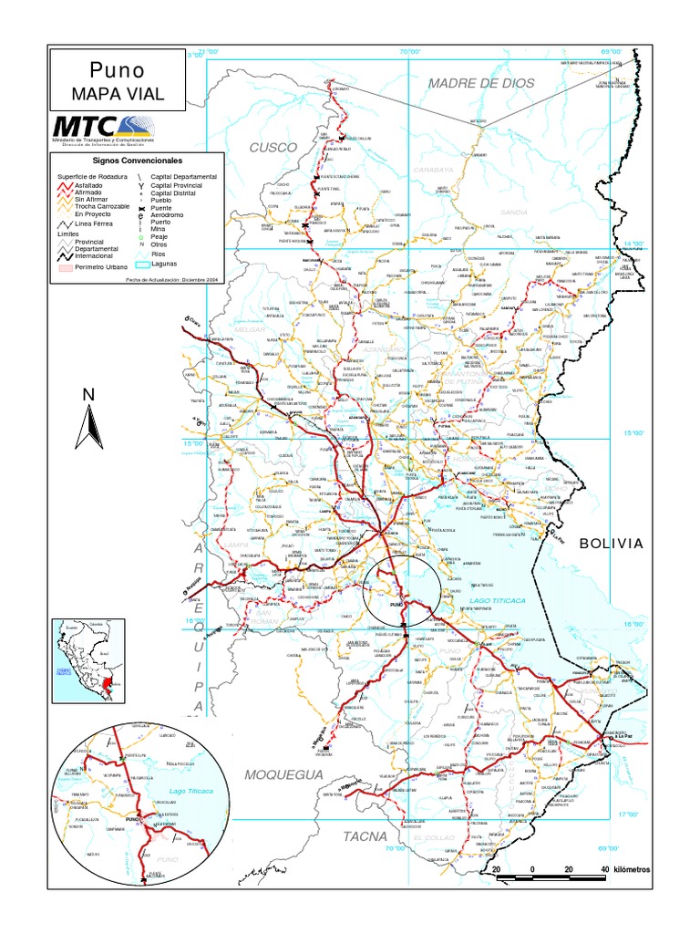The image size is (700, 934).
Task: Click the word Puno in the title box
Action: [118, 71]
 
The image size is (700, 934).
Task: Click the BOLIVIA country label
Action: [612, 544]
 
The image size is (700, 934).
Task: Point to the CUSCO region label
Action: [273, 146]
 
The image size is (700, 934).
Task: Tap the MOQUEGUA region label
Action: [283, 774]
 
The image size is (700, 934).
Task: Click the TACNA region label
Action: [365, 835]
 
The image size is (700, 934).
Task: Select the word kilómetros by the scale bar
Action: [632, 869]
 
